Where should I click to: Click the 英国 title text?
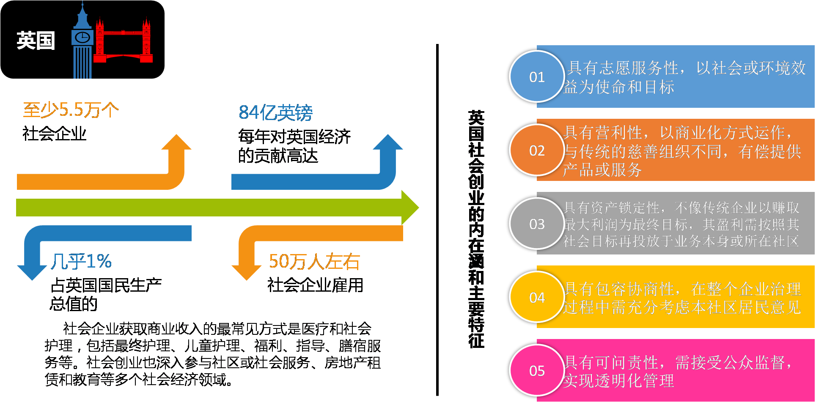point(36,41)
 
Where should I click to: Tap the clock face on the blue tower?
point(82,38)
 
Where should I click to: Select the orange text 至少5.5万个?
point(71,110)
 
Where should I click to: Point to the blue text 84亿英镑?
point(275,113)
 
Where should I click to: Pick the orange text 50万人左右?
point(314,262)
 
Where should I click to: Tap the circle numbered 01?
point(537,77)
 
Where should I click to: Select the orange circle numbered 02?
point(537,150)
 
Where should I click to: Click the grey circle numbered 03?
point(537,224)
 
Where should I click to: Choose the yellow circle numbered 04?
point(537,298)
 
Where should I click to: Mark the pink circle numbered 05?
point(537,371)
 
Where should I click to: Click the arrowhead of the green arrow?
point(409,207)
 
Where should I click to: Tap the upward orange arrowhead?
point(176,142)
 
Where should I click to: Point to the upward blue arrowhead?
point(388,142)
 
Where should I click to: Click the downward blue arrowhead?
point(32,272)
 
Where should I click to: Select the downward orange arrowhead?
point(247,272)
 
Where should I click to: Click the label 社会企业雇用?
point(315,285)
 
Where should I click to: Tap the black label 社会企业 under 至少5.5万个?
point(55,134)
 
